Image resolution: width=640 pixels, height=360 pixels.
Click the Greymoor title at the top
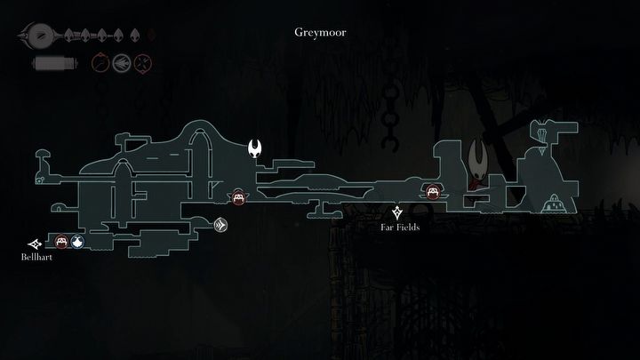coord(320,33)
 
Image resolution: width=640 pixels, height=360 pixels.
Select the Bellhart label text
coord(34,257)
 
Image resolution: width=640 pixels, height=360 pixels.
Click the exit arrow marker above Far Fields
coord(396,212)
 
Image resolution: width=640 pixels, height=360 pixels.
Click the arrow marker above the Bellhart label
coord(35,243)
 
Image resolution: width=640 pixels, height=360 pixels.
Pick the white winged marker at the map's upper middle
coord(256,148)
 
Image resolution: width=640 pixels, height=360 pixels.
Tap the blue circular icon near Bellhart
coord(77,241)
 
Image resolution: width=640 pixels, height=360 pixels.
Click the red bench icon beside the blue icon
coord(61,241)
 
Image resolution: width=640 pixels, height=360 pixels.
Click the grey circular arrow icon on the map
coord(220,227)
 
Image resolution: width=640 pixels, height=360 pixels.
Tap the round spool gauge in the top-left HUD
coord(38,36)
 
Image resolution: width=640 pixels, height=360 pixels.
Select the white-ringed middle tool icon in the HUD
coord(121,63)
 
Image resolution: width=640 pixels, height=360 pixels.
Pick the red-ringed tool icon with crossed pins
coord(142,63)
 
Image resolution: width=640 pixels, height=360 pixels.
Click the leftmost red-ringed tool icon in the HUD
coord(100,63)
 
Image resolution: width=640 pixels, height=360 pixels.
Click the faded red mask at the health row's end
coord(150,36)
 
